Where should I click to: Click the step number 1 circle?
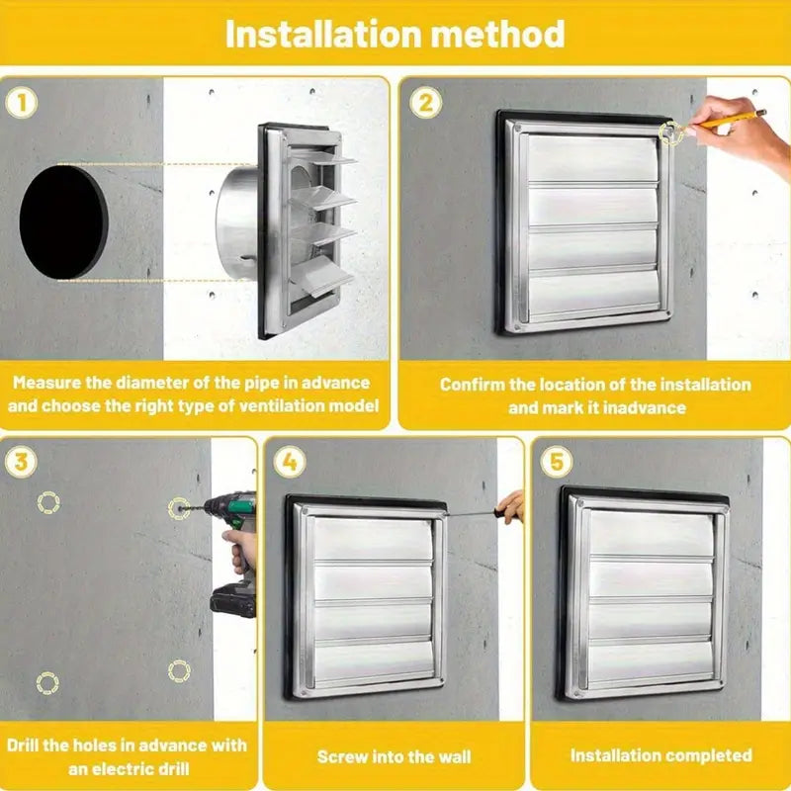coord(21,103)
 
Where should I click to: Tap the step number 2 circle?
coord(426,103)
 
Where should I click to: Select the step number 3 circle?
coord(21,462)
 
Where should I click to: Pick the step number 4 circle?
coord(290,461)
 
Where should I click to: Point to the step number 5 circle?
coord(557,461)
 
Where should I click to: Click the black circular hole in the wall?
coord(63,221)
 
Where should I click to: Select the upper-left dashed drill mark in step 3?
coord(48,502)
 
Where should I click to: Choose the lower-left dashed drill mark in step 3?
coord(47,683)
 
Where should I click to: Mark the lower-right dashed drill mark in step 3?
coord(179,671)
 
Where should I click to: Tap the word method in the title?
coord(498,34)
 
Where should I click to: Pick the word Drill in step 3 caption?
coord(23,746)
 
